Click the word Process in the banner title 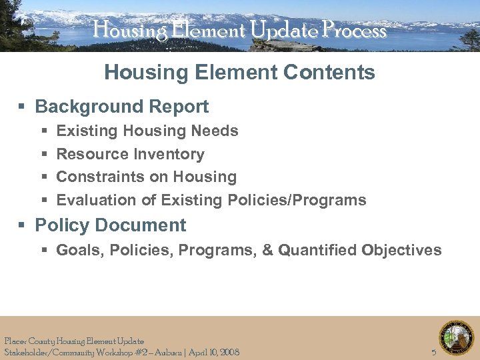353,30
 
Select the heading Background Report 121,107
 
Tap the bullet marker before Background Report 23,107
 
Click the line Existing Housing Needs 147,131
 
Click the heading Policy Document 110,225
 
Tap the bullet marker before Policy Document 23,226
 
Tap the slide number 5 434,352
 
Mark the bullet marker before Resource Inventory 44,155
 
